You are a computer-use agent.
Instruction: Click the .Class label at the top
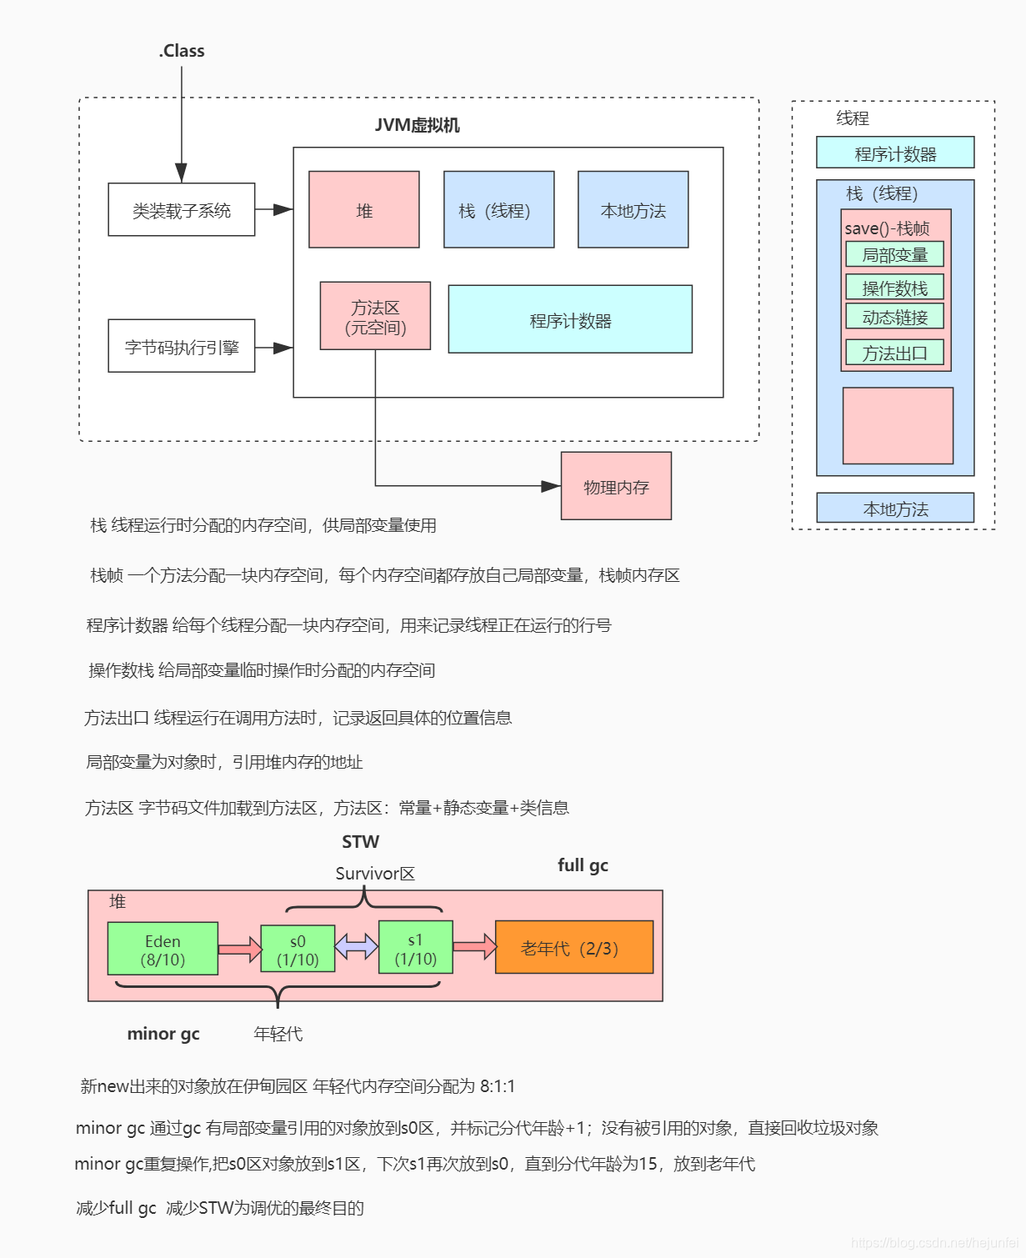182,51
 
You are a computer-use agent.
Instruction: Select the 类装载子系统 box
182,210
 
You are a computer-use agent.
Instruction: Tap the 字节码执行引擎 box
182,346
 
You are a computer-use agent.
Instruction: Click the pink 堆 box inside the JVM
364,210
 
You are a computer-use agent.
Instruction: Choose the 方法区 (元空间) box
375,316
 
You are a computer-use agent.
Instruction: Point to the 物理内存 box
616,486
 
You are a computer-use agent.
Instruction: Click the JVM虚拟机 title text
417,125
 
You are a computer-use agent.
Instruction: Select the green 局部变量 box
894,254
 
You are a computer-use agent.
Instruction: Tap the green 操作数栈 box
894,288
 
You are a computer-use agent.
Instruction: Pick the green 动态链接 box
894,317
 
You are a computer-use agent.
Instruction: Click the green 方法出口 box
894,353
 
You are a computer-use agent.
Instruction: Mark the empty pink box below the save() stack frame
898,425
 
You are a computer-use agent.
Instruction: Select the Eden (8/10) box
163,949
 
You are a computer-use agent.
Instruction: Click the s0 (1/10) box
298,949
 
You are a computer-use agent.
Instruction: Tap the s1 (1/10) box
415,948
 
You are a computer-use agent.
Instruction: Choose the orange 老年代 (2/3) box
573,948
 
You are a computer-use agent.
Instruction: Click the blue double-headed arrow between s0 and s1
357,946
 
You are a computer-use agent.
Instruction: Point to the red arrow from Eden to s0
239,949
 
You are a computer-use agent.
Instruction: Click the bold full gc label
583,865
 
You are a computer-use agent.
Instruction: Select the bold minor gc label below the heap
163,1034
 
